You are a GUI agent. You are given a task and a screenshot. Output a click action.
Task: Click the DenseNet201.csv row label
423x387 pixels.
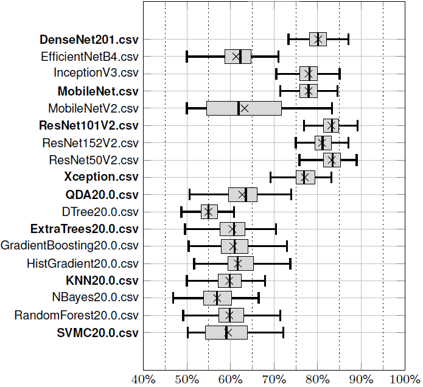pos(89,39)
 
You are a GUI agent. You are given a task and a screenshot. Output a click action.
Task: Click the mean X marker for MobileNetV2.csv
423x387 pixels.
pos(244,108)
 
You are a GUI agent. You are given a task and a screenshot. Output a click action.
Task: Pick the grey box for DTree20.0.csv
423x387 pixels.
pos(209,212)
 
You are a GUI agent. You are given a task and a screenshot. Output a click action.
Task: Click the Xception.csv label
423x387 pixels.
pos(101,177)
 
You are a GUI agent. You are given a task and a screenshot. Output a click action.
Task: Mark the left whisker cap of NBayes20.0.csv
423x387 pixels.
pos(173,298)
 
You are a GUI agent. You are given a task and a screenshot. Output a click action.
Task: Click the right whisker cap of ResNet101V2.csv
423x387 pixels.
pos(357,126)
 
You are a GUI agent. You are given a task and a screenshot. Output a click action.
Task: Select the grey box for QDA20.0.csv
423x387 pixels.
pos(242,195)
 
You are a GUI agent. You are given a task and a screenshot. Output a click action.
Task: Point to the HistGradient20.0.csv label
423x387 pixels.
pos(83,263)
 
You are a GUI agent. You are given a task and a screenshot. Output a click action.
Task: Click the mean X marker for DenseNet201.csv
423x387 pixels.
pos(318,39)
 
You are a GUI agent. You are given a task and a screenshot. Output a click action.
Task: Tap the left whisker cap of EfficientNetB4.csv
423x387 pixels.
pos(187,57)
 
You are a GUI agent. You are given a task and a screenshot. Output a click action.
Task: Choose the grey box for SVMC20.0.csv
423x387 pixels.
pos(226,333)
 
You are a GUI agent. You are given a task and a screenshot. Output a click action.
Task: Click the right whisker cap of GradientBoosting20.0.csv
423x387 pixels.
pos(287,246)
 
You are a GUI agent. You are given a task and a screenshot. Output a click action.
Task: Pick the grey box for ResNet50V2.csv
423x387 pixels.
pos(332,160)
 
